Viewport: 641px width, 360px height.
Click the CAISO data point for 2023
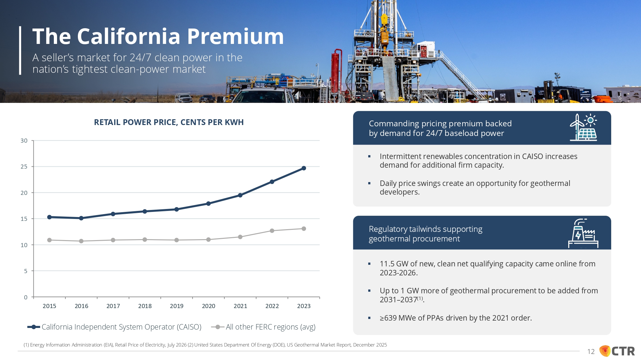click(304, 168)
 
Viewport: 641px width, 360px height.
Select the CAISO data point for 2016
click(81, 218)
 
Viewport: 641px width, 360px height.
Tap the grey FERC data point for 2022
click(272, 231)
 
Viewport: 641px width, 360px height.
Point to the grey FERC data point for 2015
click(49, 240)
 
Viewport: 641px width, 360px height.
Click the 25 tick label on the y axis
click(24, 167)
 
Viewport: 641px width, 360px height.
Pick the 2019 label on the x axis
click(177, 306)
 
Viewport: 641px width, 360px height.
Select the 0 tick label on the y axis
click(26, 297)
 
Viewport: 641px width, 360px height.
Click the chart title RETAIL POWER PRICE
click(169, 122)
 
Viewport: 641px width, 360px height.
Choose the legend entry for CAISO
click(114, 327)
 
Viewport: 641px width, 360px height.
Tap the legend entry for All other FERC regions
click(263, 327)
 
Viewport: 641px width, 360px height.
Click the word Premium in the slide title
click(236, 36)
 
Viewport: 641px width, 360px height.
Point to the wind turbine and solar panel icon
click(583, 127)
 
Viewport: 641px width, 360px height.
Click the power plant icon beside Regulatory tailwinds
click(583, 233)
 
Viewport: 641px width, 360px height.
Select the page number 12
click(591, 352)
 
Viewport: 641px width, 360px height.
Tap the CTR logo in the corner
click(617, 351)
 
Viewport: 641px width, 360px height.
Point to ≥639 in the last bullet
click(388, 318)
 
